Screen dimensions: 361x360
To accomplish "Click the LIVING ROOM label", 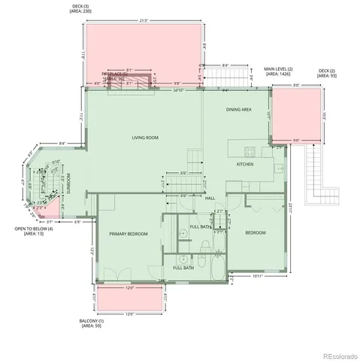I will pyautogui.click(x=144, y=138).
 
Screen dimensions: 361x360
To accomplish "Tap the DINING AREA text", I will pyautogui.click(x=239, y=110).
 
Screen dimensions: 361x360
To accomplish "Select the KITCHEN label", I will pyautogui.click(x=245, y=164).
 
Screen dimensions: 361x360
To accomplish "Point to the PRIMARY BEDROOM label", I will pyautogui.click(x=128, y=234).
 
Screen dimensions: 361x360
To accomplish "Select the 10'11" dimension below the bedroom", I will pyautogui.click(x=257, y=276).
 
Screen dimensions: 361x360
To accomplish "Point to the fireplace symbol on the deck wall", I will pyautogui.click(x=132, y=80).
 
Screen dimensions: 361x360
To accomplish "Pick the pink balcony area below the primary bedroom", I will pyautogui.click(x=126, y=298).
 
